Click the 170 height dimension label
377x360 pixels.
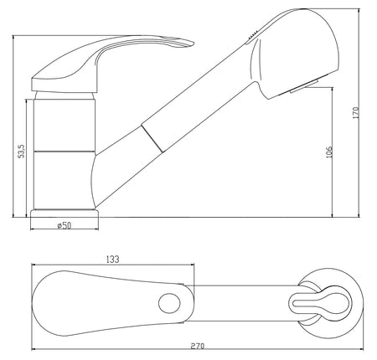(x=355, y=113)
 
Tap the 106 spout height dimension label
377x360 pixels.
(x=329, y=152)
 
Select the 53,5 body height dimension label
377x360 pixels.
(x=22, y=151)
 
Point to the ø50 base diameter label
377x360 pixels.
(x=65, y=225)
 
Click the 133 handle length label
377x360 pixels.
(x=112, y=260)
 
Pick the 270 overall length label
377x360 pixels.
(x=198, y=346)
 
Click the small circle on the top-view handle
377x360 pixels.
(x=169, y=303)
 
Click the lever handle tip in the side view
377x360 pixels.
(x=193, y=43)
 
